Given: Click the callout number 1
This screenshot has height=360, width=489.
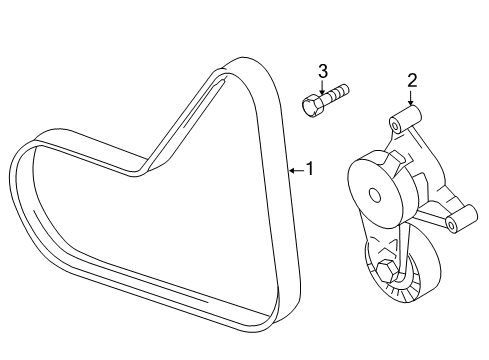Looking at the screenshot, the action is (310, 168).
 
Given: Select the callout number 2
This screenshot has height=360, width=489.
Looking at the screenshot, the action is (412, 81).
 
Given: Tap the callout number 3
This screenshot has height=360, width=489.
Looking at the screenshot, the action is (323, 71).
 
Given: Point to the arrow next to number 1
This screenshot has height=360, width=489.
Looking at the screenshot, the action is (297, 171).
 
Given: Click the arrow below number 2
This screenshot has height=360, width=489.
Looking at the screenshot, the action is (410, 98).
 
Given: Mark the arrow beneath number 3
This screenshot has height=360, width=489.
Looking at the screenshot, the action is (322, 87).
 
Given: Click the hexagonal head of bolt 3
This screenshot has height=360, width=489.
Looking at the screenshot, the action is (312, 105).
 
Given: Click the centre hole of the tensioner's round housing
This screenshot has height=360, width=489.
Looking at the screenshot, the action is (375, 195).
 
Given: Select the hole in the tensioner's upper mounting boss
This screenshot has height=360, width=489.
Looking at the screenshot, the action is (395, 127).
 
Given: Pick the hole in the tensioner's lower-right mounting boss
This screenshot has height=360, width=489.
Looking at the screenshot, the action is (451, 225).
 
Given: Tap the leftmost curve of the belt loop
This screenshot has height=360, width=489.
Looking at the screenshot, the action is (12, 167).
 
